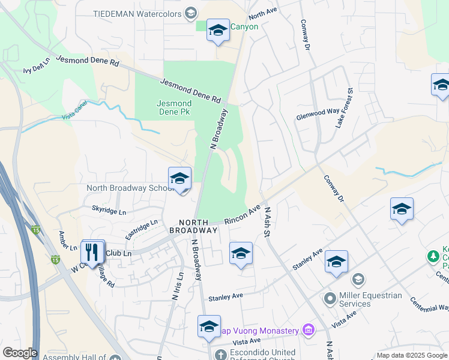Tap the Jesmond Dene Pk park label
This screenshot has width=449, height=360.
tap(174, 107)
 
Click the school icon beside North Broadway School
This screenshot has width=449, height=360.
tap(179, 180)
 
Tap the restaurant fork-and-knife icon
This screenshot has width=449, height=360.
tap(92, 251)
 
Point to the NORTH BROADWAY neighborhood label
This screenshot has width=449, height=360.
tap(193, 226)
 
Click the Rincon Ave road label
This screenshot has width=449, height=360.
tap(243, 214)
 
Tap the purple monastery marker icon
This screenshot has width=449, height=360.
tap(309, 329)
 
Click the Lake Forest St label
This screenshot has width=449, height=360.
tap(344, 107)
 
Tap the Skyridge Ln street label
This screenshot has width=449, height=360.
tap(109, 212)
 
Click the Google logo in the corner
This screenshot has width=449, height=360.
tap(20, 353)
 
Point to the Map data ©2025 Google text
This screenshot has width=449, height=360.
tap(411, 355)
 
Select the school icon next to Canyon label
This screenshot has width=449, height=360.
tap(217, 30)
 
